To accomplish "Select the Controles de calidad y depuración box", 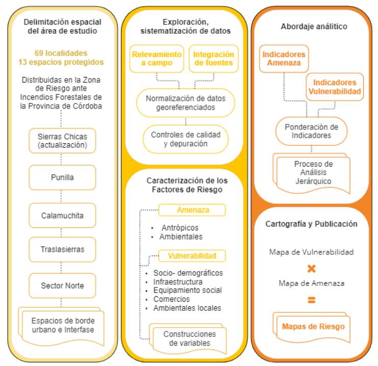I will (x=186, y=140).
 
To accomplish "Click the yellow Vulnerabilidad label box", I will (x=192, y=255).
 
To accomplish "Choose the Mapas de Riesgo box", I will (x=313, y=326).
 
